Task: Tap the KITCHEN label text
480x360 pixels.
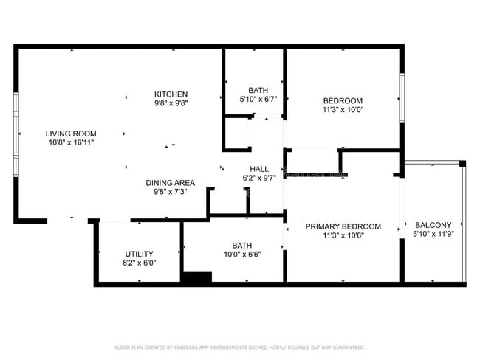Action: [x=171, y=94]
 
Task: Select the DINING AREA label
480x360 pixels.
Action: [x=170, y=182]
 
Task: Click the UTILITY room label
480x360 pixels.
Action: [x=140, y=254]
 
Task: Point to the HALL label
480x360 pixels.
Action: [x=258, y=168]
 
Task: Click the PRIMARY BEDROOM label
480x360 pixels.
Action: [x=343, y=226]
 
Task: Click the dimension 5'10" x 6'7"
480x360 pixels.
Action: [x=258, y=99]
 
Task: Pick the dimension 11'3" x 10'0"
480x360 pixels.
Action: [x=343, y=110]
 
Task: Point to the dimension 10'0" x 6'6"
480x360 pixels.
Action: [x=241, y=255]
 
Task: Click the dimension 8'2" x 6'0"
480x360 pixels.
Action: [x=140, y=263]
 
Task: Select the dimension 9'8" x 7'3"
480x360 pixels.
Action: [x=170, y=191]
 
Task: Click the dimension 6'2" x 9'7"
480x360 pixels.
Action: [x=258, y=177]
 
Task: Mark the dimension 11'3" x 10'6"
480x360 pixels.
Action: [x=343, y=235]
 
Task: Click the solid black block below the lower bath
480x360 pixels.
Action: [x=196, y=277]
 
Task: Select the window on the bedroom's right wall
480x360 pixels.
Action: [x=402, y=97]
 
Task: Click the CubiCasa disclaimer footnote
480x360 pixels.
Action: [x=239, y=347]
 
